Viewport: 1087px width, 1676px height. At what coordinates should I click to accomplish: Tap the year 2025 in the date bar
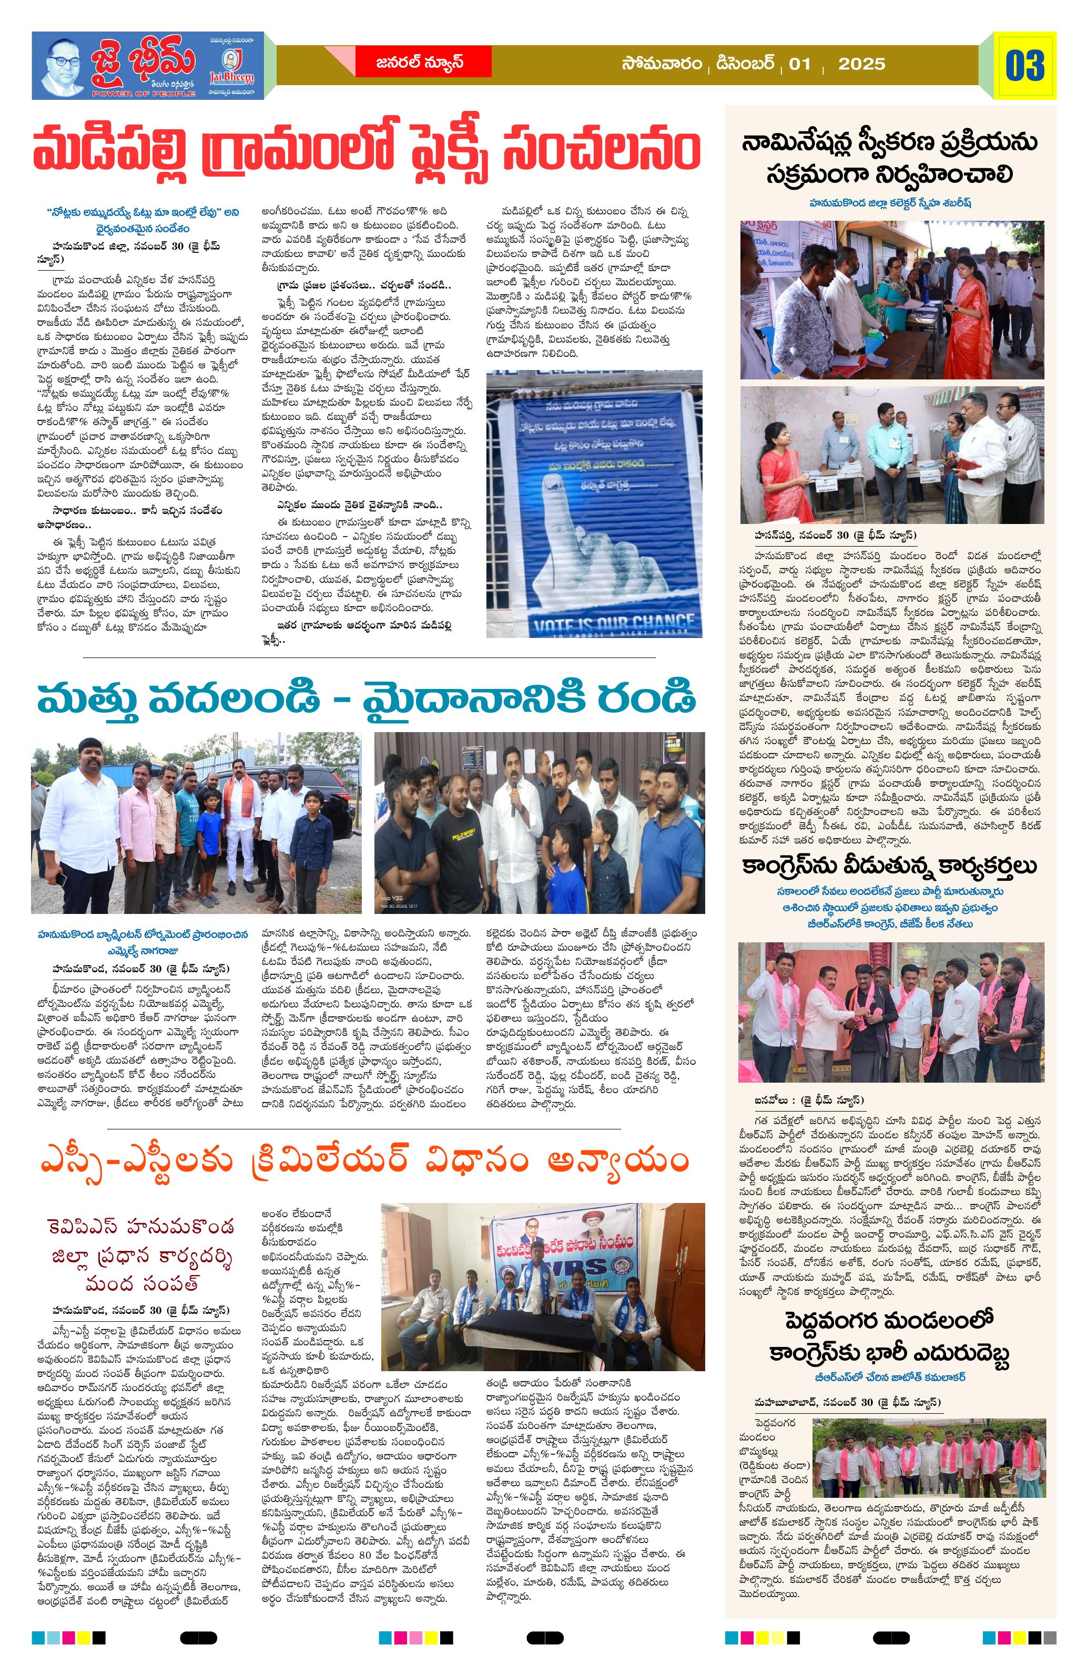pyautogui.click(x=861, y=65)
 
